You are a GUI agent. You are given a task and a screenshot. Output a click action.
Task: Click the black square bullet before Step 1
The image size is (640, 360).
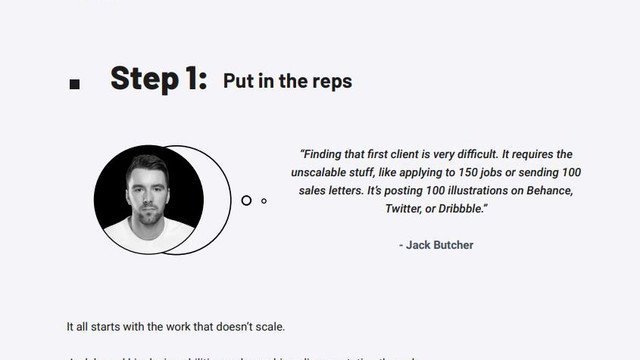74,85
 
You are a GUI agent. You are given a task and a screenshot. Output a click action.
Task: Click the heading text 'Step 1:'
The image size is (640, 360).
158,79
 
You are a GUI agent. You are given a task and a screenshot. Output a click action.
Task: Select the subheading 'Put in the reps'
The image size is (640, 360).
287,81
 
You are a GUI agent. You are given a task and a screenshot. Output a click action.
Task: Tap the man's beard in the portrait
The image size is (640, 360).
147,213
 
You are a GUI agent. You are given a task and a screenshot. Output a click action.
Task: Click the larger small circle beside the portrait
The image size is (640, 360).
246,200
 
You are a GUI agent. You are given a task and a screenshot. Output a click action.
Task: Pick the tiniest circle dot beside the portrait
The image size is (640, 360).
264,201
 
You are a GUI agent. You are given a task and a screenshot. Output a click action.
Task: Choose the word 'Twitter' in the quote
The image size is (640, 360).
405,208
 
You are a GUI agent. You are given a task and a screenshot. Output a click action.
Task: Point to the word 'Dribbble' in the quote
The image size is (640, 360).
460,208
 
